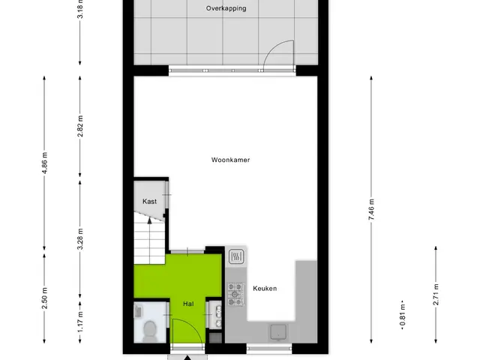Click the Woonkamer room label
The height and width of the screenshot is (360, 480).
(x=230, y=160)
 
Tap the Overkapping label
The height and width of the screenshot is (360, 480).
(x=226, y=8)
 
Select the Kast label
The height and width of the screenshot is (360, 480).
(x=149, y=202)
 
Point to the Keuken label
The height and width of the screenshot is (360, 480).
(x=265, y=288)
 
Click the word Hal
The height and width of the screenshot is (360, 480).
(x=188, y=304)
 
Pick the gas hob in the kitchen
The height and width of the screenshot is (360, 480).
(x=236, y=294)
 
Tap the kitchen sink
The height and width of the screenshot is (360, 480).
(x=278, y=332)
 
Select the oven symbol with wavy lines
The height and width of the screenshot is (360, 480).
(x=236, y=256)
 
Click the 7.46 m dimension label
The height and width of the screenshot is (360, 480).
(x=371, y=209)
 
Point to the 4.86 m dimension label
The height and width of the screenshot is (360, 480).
(x=45, y=163)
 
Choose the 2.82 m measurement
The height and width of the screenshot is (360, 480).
(x=80, y=126)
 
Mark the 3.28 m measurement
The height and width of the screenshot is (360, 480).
(x=80, y=239)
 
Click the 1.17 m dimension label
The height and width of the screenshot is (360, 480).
(x=80, y=322)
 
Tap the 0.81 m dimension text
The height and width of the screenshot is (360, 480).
(x=403, y=315)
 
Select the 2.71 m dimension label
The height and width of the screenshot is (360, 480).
(x=436, y=295)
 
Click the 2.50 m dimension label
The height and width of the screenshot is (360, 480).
(x=45, y=298)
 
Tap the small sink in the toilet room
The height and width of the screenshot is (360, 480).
(x=138, y=311)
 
